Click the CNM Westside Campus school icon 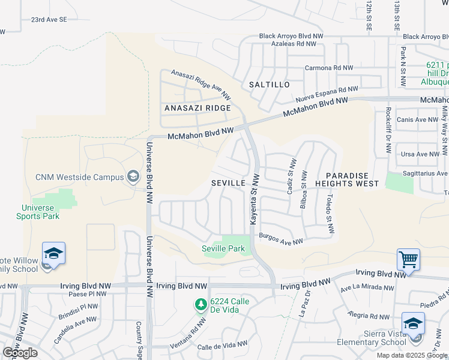click(x=133, y=176)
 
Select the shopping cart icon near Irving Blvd click(x=408, y=259)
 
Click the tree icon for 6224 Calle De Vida click(x=200, y=305)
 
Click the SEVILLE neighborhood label click(x=228, y=182)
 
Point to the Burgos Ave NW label click(x=281, y=239)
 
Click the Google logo click(x=20, y=353)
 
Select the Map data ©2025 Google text click(x=412, y=355)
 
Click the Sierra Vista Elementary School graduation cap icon click(x=413, y=323)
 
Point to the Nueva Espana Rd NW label click(x=322, y=95)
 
